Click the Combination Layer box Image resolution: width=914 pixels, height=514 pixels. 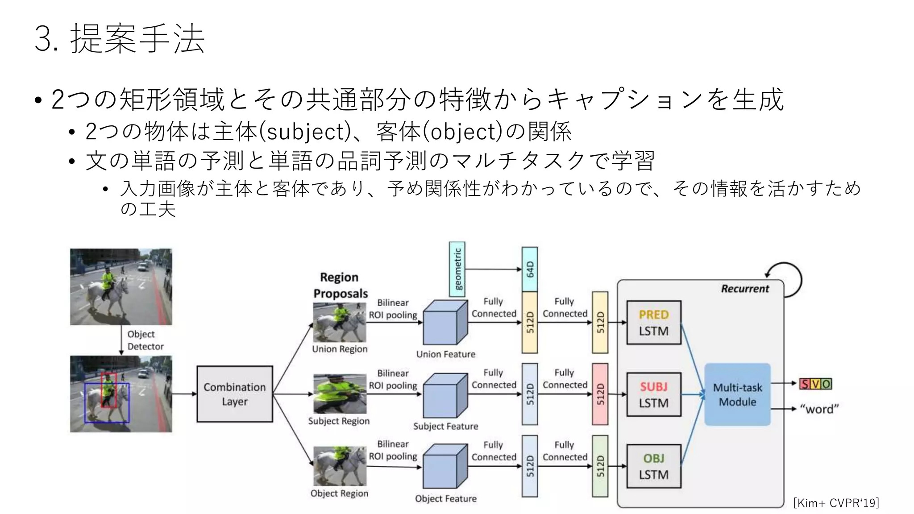[x=235, y=394]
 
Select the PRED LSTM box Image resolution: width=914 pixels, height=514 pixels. [x=654, y=323]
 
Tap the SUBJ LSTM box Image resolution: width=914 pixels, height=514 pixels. [x=654, y=394]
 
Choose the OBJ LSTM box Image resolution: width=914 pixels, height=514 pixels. [x=654, y=466]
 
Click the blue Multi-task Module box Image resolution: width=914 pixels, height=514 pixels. [x=737, y=394]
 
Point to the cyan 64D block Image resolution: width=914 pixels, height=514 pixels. [x=530, y=269]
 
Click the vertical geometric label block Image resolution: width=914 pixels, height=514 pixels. [x=457, y=269]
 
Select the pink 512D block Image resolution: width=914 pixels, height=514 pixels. [x=600, y=394]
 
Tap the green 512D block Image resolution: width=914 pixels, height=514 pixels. [x=600, y=466]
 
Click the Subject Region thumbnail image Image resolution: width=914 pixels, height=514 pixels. [x=340, y=394]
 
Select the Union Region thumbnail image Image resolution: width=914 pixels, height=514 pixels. [x=340, y=322]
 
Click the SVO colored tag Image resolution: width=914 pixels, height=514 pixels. [x=816, y=384]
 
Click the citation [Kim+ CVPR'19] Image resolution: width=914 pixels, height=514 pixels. [x=836, y=503]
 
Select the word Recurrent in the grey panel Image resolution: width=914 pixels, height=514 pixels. [x=745, y=289]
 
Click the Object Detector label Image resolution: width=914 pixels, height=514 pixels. [x=145, y=340]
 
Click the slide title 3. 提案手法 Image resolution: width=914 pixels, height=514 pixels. [x=120, y=39]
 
